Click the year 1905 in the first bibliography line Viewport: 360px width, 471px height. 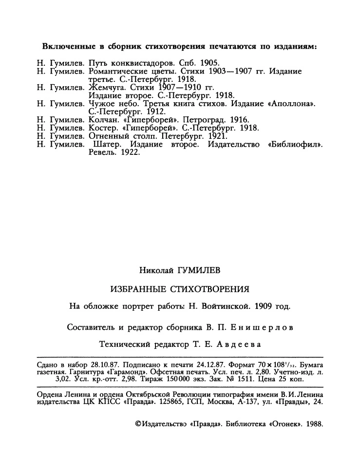click(x=211, y=63)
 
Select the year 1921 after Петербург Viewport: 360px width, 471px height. click(x=215, y=135)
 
